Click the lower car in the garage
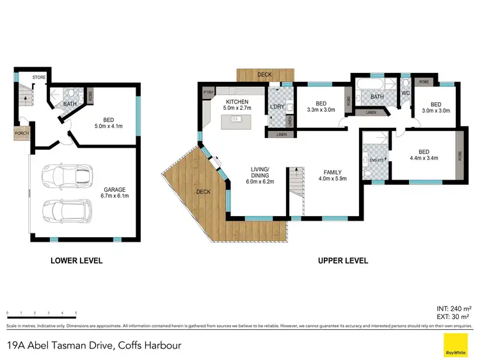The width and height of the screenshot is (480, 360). (x=63, y=209)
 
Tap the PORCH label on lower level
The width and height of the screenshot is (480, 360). (x=22, y=134)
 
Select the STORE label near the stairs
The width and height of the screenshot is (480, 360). (x=39, y=78)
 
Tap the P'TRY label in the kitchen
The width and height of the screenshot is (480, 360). (x=207, y=93)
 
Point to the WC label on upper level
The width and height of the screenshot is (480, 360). (x=405, y=93)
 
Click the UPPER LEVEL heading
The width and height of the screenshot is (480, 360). (x=343, y=260)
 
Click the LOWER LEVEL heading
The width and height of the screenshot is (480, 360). (x=76, y=260)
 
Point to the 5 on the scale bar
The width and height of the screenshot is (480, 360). (x=76, y=313)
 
